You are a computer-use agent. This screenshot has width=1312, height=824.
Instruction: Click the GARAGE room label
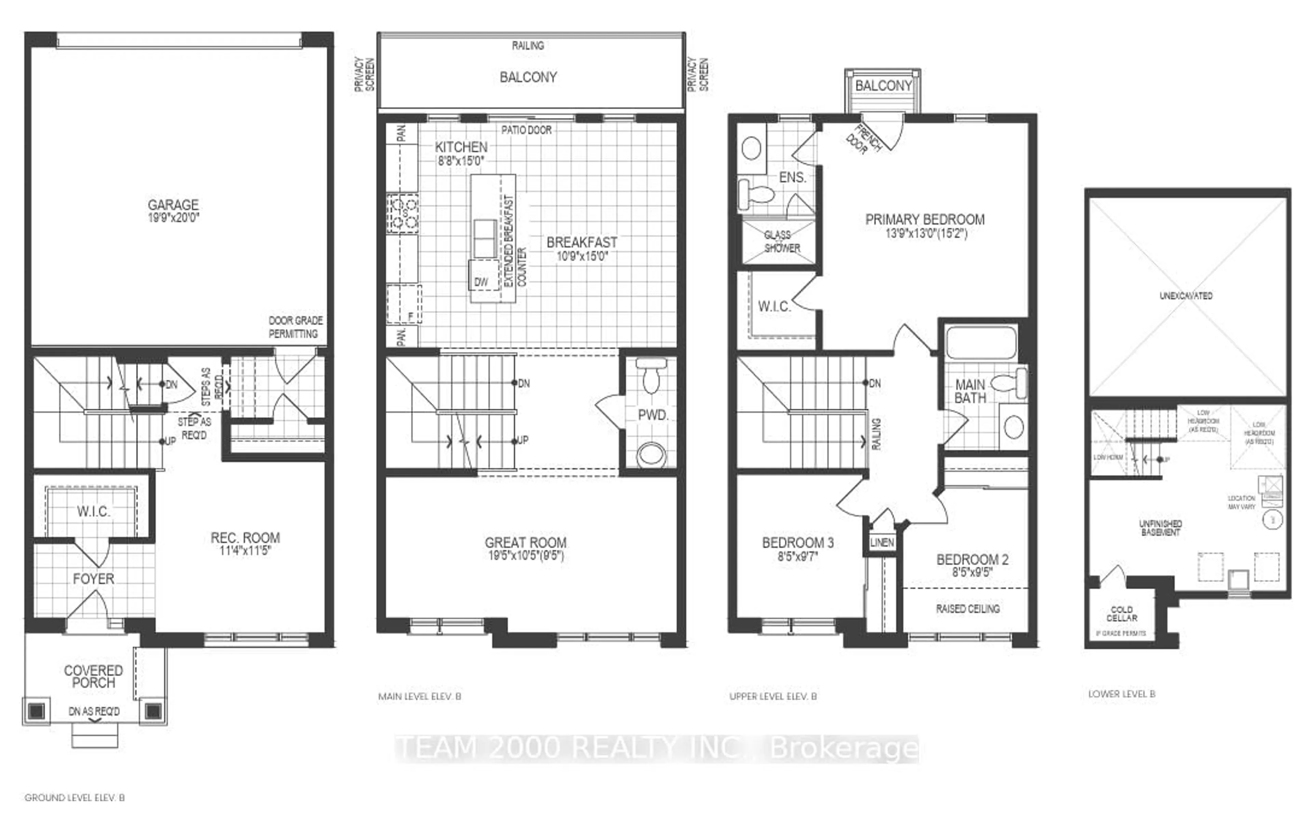[x=173, y=205]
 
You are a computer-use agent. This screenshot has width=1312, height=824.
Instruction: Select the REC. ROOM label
[x=245, y=538]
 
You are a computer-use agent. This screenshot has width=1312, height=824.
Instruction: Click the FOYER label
[x=94, y=579]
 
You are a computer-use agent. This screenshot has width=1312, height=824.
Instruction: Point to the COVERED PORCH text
[x=94, y=676]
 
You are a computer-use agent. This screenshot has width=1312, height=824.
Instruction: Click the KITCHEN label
[x=461, y=147]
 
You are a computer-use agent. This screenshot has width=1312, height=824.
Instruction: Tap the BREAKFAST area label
[x=582, y=243]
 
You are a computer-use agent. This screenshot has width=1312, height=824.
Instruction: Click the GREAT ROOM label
[x=526, y=543]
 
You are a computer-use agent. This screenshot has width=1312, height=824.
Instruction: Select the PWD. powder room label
[x=653, y=415]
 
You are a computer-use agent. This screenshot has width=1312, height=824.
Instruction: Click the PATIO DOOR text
[x=526, y=130]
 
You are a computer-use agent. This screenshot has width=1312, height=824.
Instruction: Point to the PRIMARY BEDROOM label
[x=925, y=220]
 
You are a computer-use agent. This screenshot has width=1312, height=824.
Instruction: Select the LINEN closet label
[x=881, y=543]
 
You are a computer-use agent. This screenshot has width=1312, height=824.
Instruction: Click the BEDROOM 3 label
[x=798, y=543]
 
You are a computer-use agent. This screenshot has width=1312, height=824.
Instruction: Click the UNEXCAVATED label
[x=1186, y=296]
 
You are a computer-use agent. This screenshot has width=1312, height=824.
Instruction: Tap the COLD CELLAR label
[x=1122, y=613]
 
